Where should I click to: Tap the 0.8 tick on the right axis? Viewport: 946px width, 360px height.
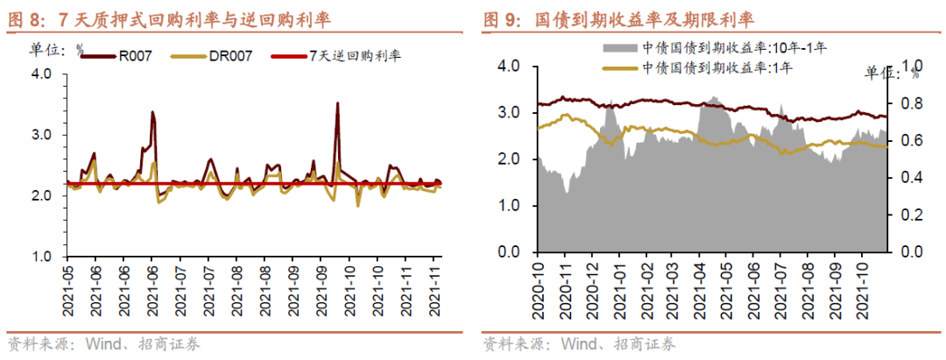point(910,103)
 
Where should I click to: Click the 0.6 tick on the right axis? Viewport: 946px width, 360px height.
point(910,140)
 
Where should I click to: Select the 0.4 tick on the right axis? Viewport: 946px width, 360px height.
point(910,178)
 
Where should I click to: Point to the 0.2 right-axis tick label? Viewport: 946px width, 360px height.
point(910,215)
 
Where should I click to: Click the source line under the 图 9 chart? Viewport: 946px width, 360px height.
point(578,343)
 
